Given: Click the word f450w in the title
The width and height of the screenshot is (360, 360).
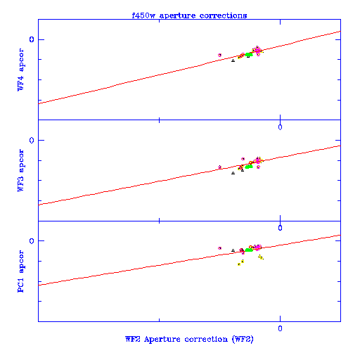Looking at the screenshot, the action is (143, 15).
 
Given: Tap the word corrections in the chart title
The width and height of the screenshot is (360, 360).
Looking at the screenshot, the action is (223, 15).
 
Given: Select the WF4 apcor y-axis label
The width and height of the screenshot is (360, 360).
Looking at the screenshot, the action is (21, 70).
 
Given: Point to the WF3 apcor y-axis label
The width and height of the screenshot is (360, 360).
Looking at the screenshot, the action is (21, 170).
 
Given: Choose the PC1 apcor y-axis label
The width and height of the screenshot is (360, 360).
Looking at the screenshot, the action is (21, 271).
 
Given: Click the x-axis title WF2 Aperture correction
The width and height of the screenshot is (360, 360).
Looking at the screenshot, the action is (176, 339).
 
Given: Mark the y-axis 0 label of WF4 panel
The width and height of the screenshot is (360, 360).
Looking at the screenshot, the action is (32, 39).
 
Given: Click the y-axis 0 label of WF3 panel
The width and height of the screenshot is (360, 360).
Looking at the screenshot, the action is (32, 140).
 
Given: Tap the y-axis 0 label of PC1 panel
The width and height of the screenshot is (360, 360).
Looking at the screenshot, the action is (32, 240).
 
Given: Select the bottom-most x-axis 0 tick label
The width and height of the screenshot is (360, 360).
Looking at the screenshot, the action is (280, 328).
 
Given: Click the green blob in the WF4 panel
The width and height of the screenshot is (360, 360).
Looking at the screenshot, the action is (249, 55).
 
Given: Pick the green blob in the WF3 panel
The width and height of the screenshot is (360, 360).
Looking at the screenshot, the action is (249, 167).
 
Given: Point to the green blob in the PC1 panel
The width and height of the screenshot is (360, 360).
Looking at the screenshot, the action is (249, 250).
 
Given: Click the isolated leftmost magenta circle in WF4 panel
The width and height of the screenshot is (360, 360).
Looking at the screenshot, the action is (219, 55).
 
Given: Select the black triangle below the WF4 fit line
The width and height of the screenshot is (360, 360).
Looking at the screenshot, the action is (233, 60).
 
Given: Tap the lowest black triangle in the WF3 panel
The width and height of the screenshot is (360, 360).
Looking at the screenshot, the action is (233, 173).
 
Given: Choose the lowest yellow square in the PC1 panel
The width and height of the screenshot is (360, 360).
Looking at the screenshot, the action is (239, 264).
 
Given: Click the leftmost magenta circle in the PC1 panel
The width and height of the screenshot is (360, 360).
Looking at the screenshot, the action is (219, 248).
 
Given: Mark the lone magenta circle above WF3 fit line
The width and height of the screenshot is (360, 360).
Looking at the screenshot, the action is (243, 159).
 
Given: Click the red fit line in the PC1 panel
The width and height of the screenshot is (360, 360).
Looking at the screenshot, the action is (189, 260).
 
